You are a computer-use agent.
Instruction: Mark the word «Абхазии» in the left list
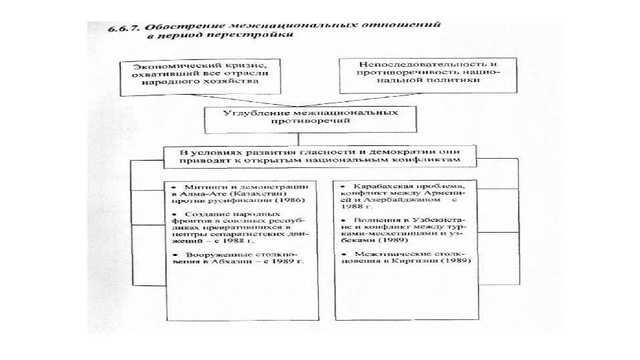pos(251,263)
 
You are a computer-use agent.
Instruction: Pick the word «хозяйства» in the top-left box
pos(231,84)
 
